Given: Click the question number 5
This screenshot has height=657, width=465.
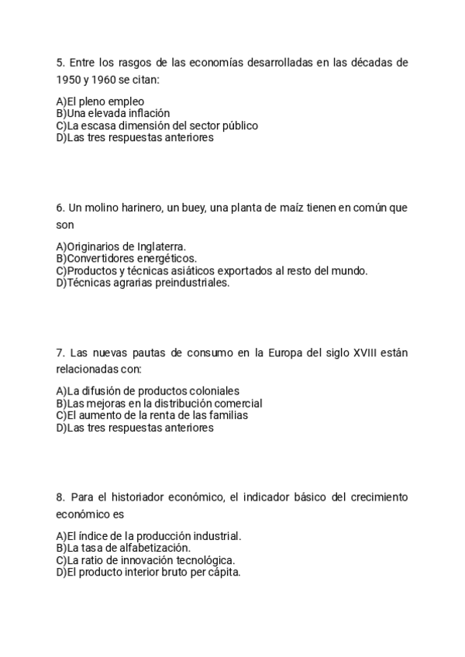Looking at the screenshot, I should coord(60,63).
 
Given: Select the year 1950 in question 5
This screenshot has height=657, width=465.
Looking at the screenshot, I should coord(67,80).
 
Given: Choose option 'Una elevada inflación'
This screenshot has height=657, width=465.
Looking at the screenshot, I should coord(112,113).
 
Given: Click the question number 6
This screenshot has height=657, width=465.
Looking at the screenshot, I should coord(60,208).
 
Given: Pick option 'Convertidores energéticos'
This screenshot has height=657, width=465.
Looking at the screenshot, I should coord(126,259).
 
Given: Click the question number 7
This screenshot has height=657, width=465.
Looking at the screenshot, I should coord(60,353).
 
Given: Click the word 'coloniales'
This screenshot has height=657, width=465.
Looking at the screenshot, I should coord(213,391).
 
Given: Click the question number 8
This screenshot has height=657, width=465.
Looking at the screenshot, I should coord(60,497).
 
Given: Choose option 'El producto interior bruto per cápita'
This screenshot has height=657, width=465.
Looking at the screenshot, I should coord(148,573).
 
